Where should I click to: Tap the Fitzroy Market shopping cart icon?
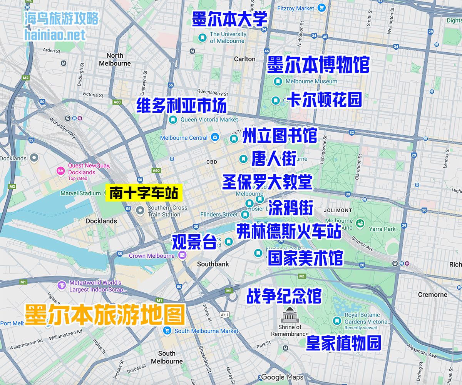tap(322, 8)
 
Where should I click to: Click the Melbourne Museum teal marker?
tap(278, 82)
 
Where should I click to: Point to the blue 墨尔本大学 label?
tap(230, 19)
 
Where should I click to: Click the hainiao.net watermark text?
tap(55, 35)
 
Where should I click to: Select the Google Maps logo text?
tap(282, 377)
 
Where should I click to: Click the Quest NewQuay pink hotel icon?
tap(60, 170)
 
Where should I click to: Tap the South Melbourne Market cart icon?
tap(167, 330)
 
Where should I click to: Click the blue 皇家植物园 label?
tap(343, 343)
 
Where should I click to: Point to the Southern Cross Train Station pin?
tap(141, 210)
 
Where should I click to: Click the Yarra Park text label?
tap(382, 229)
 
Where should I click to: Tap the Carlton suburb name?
tap(245, 59)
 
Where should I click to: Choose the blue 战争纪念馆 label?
tap(284, 296)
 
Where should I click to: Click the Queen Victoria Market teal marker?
tap(173, 120)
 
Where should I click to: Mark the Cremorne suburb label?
tap(433, 295)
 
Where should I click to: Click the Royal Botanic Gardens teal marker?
tap(337, 320)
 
